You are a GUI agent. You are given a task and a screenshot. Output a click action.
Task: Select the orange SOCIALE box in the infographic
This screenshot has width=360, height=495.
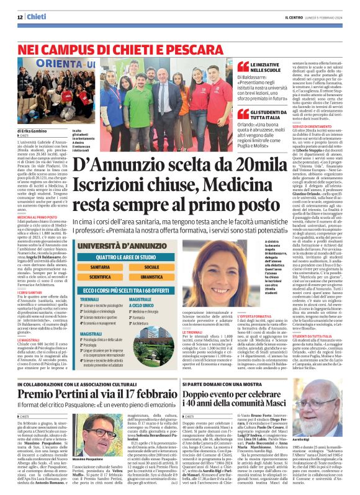coord(151,267)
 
